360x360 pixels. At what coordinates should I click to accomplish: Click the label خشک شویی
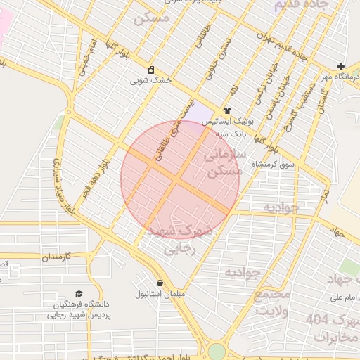[150, 81]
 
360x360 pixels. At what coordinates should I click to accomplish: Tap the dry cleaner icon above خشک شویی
[150, 70]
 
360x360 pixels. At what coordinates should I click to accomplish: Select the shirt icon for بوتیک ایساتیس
[227, 110]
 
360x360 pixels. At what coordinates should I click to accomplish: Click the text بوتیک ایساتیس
[227, 121]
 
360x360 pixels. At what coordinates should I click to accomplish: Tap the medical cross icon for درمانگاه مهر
[341, 65]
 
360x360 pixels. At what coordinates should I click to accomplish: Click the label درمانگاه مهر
[337, 76]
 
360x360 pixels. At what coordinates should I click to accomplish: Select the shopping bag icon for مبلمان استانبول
[161, 282]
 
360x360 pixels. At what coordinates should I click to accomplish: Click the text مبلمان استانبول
[161, 292]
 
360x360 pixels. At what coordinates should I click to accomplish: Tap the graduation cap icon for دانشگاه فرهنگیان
[79, 294]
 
